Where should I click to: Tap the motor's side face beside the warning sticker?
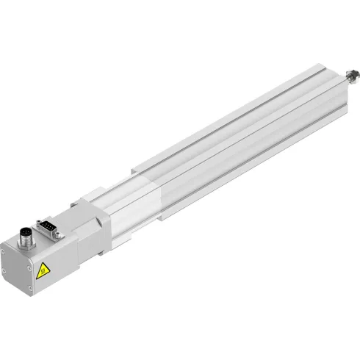(x=62, y=257)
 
